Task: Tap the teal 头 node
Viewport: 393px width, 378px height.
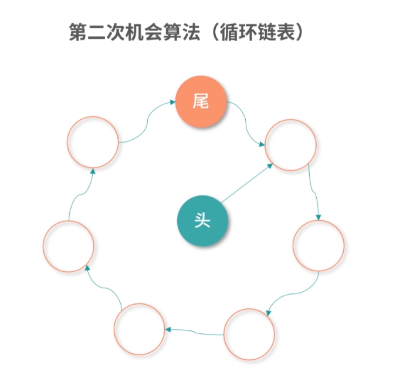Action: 203,221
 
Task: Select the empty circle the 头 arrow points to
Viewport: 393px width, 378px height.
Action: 291,145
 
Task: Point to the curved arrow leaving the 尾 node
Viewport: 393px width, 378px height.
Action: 247,124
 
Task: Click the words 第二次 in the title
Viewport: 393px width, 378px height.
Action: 96,33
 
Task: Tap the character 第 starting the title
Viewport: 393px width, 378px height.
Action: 77,33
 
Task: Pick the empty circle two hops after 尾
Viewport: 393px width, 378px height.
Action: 318,245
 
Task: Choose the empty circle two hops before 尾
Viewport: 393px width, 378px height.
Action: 69,246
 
